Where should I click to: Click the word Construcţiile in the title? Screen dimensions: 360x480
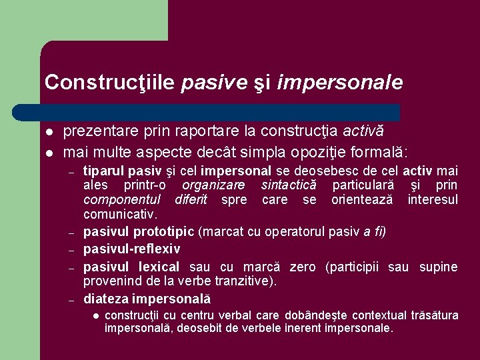[x=109, y=83]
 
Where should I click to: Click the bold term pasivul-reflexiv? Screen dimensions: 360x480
[x=131, y=249]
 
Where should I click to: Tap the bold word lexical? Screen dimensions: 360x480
[x=159, y=267]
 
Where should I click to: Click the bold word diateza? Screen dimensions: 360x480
[x=106, y=299]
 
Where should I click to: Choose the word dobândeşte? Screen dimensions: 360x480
[x=324, y=315]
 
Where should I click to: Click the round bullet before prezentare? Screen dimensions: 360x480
[x=48, y=133]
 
